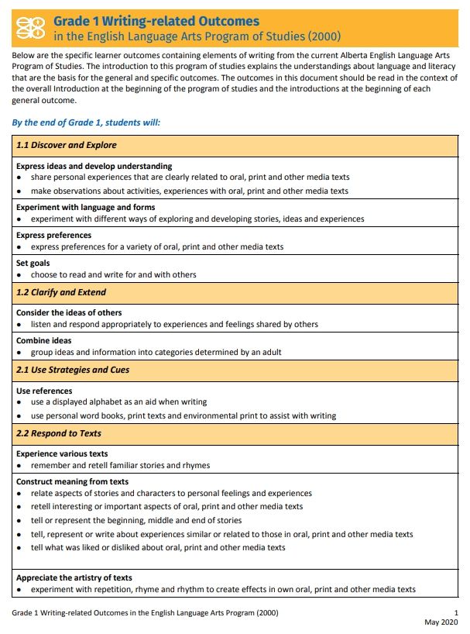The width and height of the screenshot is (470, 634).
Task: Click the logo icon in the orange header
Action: (30, 28)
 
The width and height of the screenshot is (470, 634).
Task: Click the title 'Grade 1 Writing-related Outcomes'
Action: (156, 21)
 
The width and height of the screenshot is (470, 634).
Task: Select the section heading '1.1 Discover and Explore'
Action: (67, 145)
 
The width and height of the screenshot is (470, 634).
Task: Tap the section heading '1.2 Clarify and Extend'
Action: (61, 292)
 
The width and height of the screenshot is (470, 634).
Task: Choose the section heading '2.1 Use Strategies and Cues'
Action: (73, 370)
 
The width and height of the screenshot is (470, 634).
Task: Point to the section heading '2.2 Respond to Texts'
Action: (59, 433)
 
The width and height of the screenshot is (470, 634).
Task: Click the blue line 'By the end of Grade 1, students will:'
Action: (86, 122)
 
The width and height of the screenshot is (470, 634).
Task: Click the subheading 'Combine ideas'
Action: (44, 341)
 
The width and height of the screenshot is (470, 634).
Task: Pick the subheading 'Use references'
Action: (44, 391)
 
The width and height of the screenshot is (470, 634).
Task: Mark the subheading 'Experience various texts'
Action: (62, 454)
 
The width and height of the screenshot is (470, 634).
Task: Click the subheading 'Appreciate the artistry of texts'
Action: (74, 578)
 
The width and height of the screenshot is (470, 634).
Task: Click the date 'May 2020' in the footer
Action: (441, 622)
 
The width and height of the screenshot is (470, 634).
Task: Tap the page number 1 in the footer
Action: (456, 613)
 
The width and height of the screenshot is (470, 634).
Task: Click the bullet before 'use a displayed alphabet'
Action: (19, 403)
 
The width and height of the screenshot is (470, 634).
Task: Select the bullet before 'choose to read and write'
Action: (19, 275)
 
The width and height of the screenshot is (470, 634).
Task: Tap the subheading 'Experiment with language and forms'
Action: (85, 208)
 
